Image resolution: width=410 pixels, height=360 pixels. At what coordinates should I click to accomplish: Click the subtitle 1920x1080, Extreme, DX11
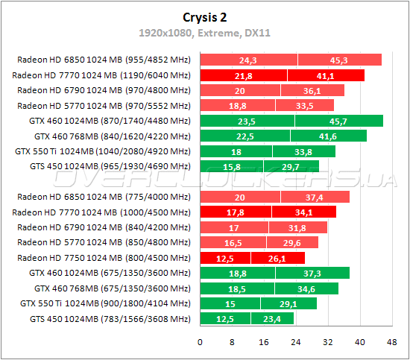coord(204,33)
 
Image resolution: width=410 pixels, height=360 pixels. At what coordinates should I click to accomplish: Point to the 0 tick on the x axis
coord(200,343)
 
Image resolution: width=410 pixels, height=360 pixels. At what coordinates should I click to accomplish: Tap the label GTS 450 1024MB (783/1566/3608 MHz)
coord(110,319)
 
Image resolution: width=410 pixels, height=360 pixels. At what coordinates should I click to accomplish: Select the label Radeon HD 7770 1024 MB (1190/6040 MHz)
coord(102,75)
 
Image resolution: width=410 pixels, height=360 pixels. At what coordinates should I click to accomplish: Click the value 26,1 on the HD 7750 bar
coord(277,258)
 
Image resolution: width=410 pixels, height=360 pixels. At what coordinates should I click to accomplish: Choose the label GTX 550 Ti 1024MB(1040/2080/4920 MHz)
coord(103,151)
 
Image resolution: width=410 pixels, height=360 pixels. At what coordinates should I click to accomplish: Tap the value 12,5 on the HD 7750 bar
coord(225,258)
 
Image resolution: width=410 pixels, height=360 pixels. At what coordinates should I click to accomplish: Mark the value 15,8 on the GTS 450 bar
coord(231,167)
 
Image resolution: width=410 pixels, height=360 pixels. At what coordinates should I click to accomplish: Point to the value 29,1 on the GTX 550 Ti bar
coord(288,304)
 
